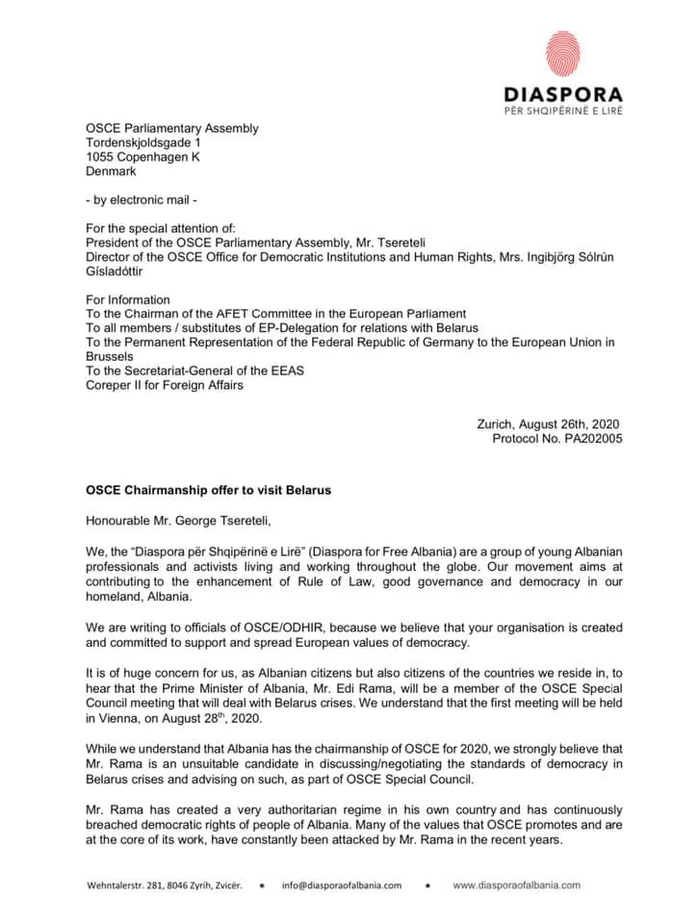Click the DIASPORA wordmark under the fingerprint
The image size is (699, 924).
coord(563,94)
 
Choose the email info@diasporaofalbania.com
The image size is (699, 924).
coord(342,885)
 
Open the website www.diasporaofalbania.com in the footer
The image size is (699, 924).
coord(516,885)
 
